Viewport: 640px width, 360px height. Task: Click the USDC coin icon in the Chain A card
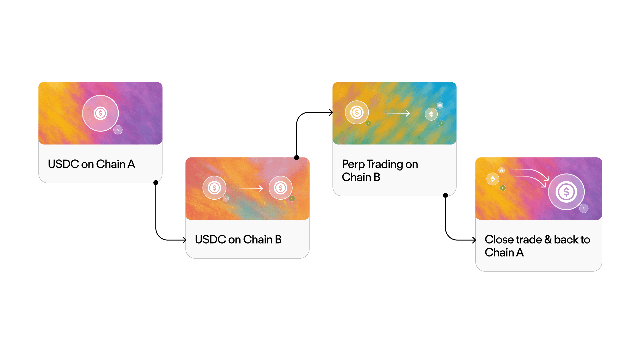point(100,113)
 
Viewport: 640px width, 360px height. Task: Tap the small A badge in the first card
point(118,130)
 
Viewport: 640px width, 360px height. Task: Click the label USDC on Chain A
point(91,164)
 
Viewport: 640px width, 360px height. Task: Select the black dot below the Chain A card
point(156,183)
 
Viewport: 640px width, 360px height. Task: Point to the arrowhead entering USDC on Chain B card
point(184,240)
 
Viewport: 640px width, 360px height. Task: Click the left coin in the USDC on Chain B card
point(214,188)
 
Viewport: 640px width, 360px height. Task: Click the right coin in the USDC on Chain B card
point(281,188)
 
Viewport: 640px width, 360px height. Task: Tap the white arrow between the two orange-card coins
point(251,189)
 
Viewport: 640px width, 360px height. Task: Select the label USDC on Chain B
point(238,239)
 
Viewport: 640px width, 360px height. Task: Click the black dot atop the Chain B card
point(297,158)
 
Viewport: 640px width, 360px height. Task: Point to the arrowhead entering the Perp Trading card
point(331,112)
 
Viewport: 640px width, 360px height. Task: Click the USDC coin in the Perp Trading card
point(357,112)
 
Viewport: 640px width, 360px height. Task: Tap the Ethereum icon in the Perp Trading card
point(431,114)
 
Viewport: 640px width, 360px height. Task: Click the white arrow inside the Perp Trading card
point(397,113)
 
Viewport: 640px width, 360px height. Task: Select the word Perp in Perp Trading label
point(353,164)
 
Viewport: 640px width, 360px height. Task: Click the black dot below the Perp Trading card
point(445,195)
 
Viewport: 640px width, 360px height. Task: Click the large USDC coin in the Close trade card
point(566,192)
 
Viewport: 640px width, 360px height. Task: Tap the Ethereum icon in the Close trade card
point(493,179)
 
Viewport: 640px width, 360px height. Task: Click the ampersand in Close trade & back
point(548,239)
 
